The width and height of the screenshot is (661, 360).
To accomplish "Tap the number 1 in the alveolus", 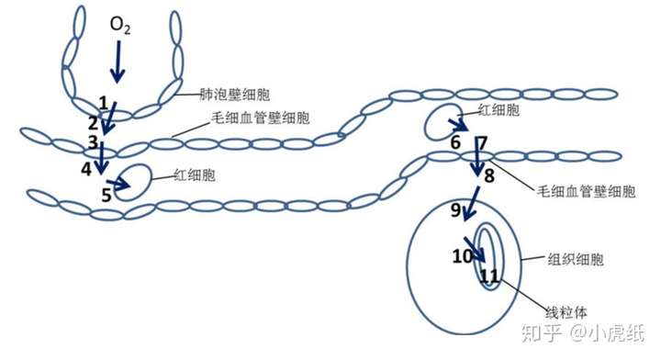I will [x=104, y=101].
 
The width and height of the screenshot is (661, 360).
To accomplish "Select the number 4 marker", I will [x=86, y=169].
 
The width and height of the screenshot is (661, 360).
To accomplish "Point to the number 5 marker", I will [x=106, y=195].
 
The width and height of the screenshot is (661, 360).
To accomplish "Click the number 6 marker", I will [x=454, y=142].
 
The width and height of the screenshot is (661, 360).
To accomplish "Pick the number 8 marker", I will [x=489, y=174].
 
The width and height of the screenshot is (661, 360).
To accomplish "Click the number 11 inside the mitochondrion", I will [x=489, y=275].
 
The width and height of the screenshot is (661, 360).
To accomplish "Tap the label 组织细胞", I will [x=577, y=260].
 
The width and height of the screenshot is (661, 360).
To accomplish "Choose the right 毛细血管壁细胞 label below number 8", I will [x=585, y=192].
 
